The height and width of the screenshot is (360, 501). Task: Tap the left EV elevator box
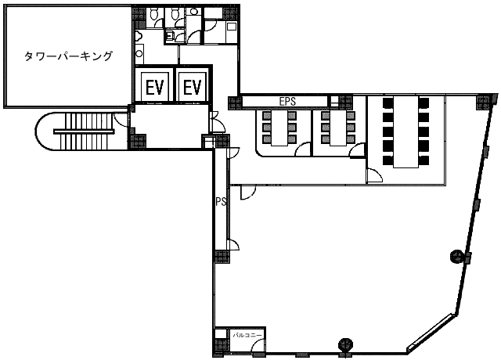(x=154, y=87)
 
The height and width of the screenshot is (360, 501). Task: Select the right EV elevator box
(x=193, y=87)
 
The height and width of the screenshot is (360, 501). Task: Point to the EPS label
(x=287, y=101)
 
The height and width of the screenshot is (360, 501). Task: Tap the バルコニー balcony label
(x=247, y=335)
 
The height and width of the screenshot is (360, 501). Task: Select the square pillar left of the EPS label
(x=232, y=102)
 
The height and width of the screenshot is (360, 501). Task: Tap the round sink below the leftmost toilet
(x=139, y=35)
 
